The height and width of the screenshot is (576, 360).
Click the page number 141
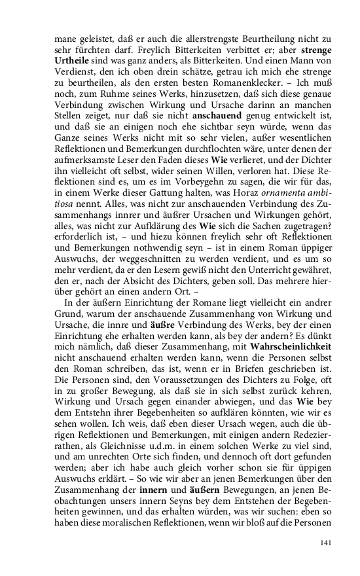tap(327, 543)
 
